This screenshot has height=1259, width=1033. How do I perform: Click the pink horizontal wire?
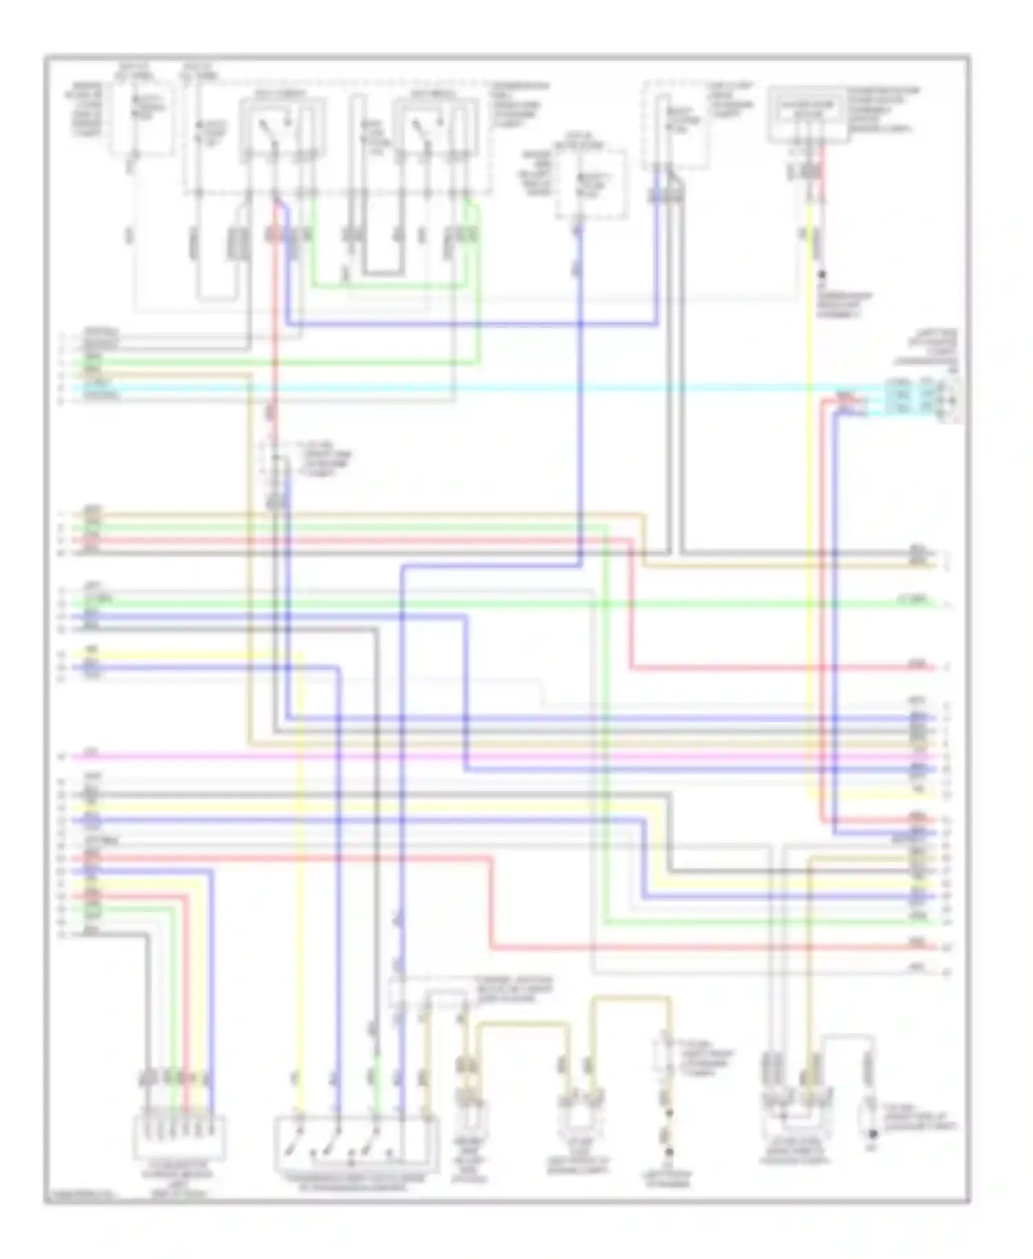click(x=482, y=757)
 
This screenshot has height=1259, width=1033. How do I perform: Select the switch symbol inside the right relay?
click(x=421, y=131)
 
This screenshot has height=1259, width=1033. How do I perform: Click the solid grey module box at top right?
click(x=807, y=114)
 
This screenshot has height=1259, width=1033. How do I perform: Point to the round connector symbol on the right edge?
click(x=954, y=399)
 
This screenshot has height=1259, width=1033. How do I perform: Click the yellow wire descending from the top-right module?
click(x=810, y=482)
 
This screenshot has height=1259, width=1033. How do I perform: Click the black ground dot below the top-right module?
click(x=822, y=275)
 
